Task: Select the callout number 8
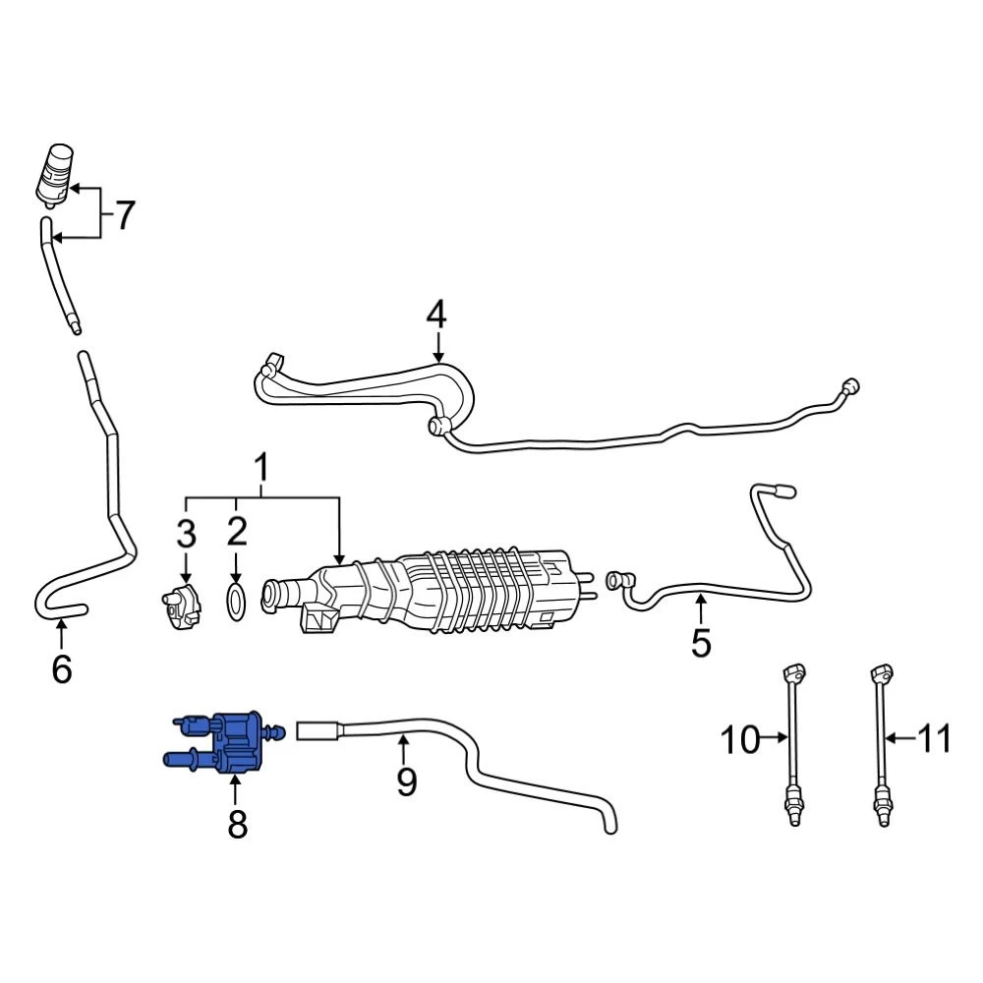[x=237, y=824]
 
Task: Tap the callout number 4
[x=436, y=315]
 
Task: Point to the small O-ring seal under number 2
[x=236, y=602]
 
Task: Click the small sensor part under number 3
[x=181, y=605]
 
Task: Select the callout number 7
[x=125, y=215]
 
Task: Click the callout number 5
[x=701, y=643]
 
